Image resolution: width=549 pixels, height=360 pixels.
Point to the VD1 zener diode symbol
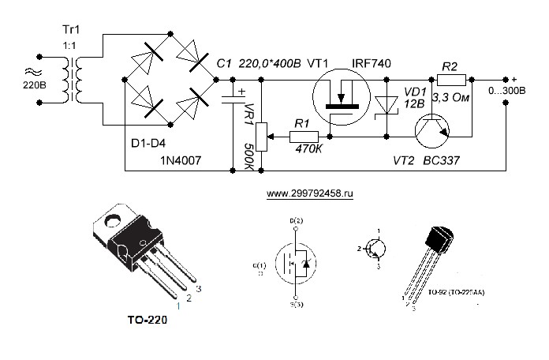387,105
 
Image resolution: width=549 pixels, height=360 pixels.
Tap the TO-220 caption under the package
147,321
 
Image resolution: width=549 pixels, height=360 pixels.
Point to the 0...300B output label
509,92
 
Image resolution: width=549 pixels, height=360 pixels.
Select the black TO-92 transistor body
440,239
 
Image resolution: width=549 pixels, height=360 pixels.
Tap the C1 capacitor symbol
233,98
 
